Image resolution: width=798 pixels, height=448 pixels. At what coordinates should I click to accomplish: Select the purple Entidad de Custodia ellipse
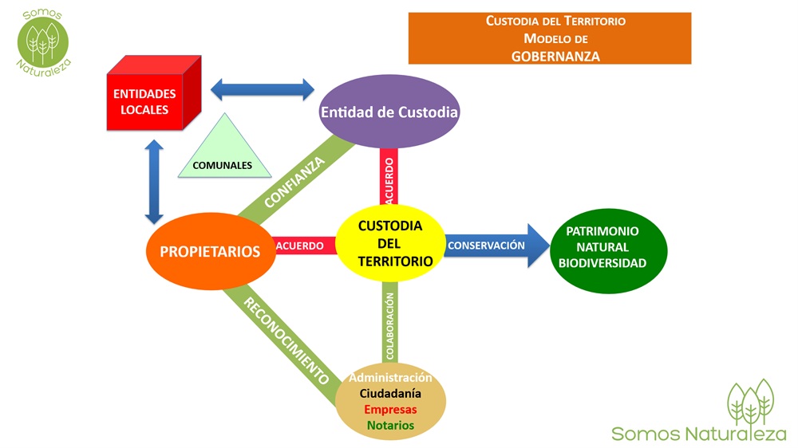pos(389,112)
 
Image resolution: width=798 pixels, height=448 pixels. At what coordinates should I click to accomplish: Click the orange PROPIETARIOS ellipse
pos(210,251)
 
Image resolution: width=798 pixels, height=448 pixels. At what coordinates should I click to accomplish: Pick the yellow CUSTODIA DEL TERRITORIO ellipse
pos(389,243)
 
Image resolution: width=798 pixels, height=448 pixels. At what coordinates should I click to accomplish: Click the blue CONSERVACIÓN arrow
pos(495,246)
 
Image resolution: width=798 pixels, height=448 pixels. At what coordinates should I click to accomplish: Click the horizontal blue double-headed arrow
pos(263,88)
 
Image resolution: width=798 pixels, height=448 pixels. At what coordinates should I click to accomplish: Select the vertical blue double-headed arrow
pos(154,181)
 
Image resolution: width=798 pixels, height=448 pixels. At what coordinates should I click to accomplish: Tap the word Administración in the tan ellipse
pos(390,377)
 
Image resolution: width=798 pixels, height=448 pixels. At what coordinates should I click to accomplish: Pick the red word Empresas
pos(390,409)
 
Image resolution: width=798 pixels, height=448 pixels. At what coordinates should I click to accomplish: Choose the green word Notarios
pos(390,425)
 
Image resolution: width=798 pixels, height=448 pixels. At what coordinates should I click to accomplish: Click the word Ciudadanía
pos(390,393)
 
